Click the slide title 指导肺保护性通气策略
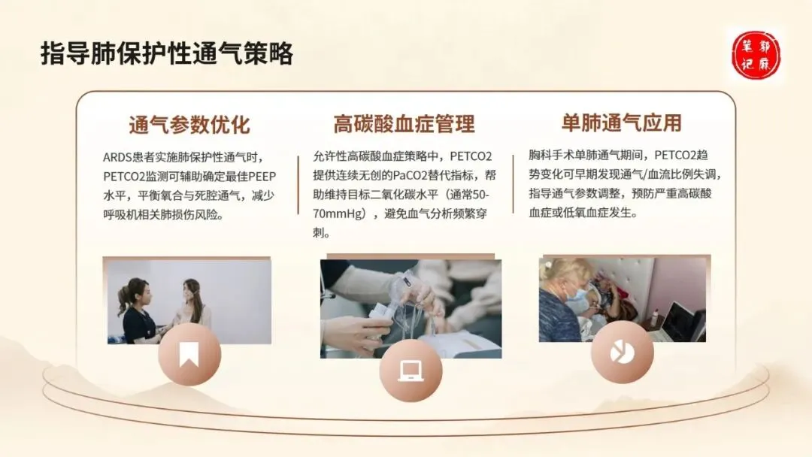click(x=167, y=54)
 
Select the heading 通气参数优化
click(x=189, y=125)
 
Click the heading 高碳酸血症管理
click(x=404, y=124)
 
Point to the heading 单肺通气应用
click(x=622, y=123)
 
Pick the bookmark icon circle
click(x=189, y=355)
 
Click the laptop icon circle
click(x=411, y=371)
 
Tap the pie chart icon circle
click(x=622, y=352)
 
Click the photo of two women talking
click(x=189, y=301)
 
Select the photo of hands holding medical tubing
click(x=411, y=308)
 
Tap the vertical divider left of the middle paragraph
click(x=298, y=185)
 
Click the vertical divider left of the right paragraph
click(x=514, y=183)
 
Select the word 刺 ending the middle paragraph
click(x=319, y=233)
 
